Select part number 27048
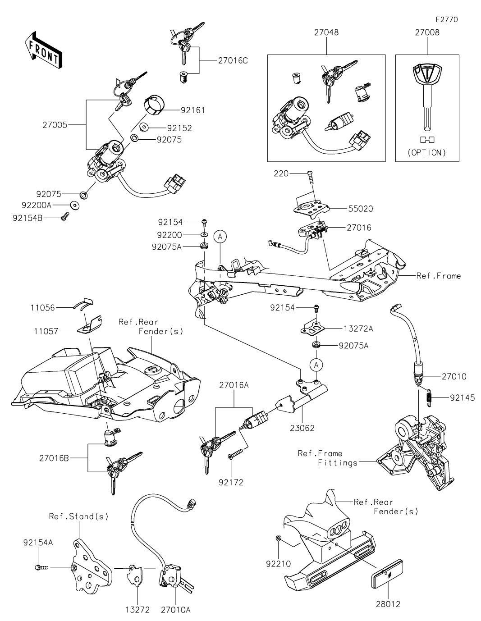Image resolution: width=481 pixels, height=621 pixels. coord(326,32)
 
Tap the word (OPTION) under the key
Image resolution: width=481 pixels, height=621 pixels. coord(426,152)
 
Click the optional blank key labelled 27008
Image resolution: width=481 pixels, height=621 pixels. coord(426,95)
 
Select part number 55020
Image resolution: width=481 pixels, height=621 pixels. coord(361,209)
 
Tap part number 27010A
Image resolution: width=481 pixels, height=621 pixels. coord(175,610)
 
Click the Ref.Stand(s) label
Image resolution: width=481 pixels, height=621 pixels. coord(78,516)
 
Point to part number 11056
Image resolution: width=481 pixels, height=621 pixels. coord(43,308)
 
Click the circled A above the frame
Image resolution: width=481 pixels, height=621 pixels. coord(220,236)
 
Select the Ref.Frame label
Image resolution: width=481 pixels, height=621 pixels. coord(438,275)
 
